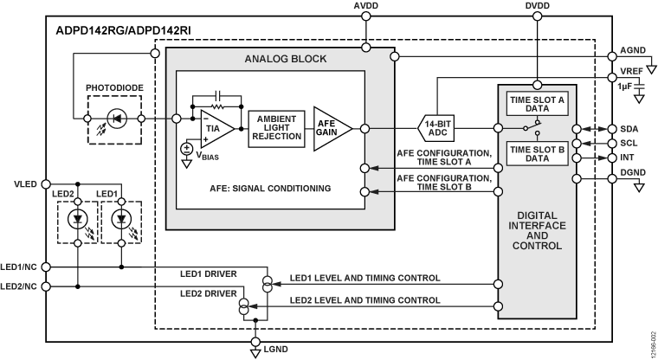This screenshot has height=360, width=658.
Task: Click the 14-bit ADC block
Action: coord(443,127)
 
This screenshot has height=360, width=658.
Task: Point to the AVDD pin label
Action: coord(367,6)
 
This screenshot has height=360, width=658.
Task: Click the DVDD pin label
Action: coord(537,6)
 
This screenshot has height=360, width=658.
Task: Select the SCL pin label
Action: coord(629,143)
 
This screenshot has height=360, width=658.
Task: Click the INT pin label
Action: coord(629,158)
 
